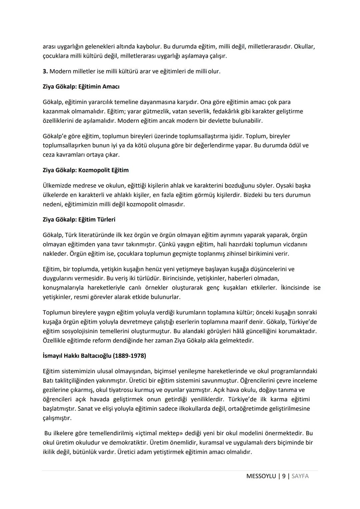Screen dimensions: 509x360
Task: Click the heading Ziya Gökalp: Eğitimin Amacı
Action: click(x=81, y=87)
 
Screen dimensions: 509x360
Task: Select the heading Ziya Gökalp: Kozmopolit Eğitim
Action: click(x=86, y=170)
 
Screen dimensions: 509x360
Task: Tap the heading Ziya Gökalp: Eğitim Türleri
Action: click(x=79, y=219)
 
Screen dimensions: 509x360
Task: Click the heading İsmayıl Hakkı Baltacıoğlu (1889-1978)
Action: click(x=94, y=356)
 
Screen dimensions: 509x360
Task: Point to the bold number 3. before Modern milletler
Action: click(x=45, y=71)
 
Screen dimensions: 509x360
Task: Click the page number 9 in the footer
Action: click(x=284, y=476)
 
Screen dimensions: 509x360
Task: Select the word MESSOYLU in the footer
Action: click(x=261, y=476)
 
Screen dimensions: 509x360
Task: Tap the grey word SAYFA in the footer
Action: click(x=300, y=476)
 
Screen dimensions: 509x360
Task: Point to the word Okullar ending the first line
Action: click(x=304, y=46)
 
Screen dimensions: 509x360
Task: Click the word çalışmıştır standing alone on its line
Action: click(x=57, y=418)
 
